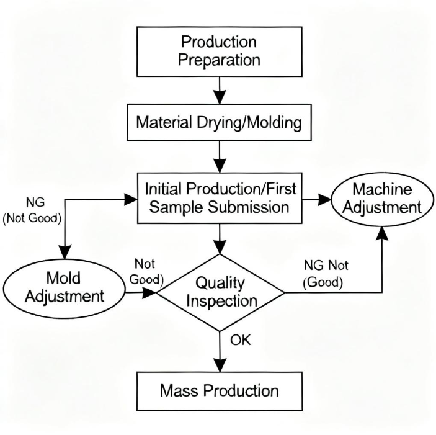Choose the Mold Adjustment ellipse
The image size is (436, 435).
pos(64,286)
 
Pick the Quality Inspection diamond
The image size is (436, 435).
pos(218,291)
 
